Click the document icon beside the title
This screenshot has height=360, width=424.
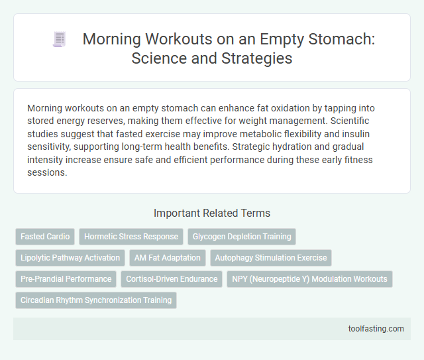click(59, 40)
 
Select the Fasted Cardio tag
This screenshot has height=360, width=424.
click(45, 237)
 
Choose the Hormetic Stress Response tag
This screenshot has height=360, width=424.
click(131, 237)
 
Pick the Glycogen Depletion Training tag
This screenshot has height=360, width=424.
click(242, 237)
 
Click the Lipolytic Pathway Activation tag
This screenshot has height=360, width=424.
click(70, 258)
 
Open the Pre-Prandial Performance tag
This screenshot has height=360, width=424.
click(66, 279)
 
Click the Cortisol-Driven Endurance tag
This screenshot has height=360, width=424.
click(172, 279)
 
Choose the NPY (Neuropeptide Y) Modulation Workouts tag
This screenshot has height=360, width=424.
click(309, 279)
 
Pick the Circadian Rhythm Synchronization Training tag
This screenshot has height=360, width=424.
click(96, 300)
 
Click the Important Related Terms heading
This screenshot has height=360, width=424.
click(211, 213)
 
